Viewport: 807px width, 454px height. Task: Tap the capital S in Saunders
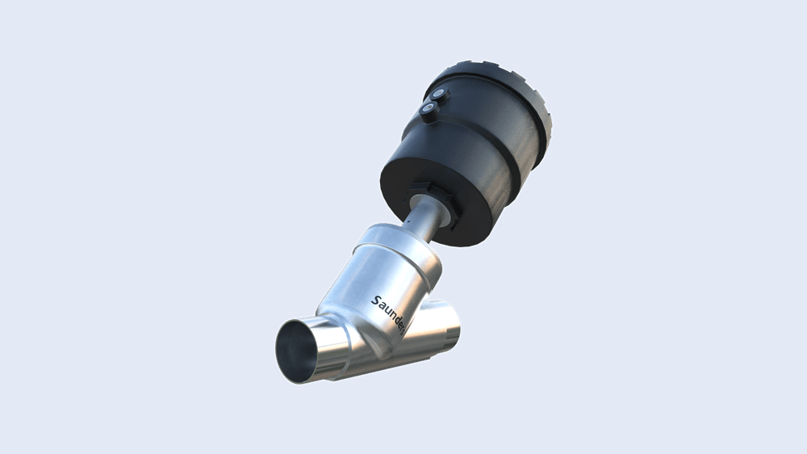pyautogui.click(x=376, y=301)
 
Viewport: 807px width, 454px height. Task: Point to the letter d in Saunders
pyautogui.click(x=398, y=317)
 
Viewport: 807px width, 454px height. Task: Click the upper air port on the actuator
pyautogui.click(x=438, y=95)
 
